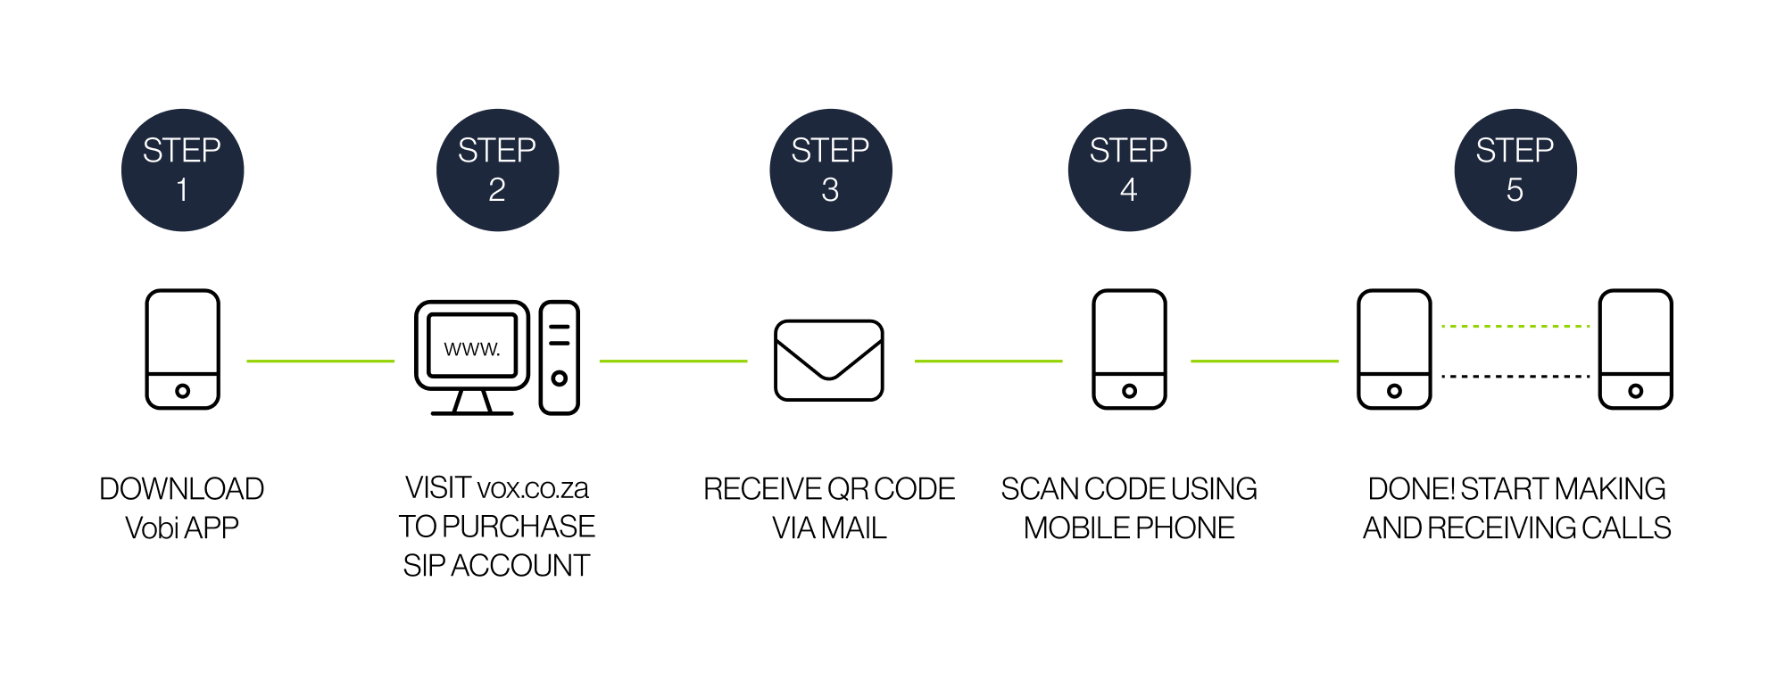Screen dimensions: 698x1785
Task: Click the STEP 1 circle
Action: click(182, 170)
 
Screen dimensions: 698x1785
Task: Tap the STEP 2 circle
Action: click(497, 170)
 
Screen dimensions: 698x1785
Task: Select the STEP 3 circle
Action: click(830, 170)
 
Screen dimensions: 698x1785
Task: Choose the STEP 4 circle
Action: click(1129, 170)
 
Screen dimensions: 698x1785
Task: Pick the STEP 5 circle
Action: click(1515, 170)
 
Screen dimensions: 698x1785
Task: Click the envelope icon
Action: click(829, 361)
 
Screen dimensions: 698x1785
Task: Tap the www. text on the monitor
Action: click(472, 348)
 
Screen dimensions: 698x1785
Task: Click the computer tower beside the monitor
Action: click(560, 357)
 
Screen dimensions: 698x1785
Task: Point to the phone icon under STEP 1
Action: click(182, 349)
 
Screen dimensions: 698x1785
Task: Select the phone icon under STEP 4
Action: click(1129, 349)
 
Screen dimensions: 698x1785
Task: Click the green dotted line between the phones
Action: click(1515, 327)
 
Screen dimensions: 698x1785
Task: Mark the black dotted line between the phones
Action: click(1515, 377)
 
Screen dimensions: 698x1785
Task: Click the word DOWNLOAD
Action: click(182, 489)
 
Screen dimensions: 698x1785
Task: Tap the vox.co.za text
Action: click(533, 488)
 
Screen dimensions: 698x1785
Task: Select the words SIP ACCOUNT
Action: click(496, 566)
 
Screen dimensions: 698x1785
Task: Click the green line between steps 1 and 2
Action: click(320, 361)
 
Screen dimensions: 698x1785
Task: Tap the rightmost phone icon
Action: click(1635, 349)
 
